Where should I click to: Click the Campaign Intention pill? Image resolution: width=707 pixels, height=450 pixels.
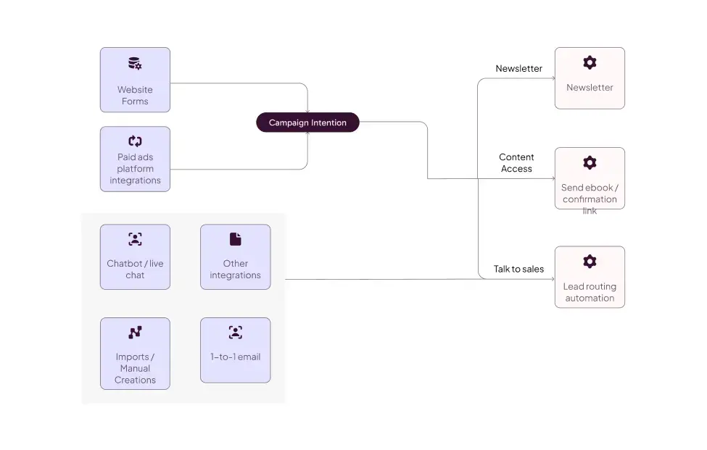(307, 122)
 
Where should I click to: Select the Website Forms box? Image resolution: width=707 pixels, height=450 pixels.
(136, 80)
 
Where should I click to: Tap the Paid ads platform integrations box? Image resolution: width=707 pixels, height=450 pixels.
(136, 159)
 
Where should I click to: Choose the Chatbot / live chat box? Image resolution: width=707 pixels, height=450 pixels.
(136, 257)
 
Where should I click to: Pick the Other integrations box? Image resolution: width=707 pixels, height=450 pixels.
(236, 257)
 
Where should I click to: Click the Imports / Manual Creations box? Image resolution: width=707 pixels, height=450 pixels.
(136, 354)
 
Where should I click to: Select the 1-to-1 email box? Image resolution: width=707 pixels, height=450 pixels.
(236, 351)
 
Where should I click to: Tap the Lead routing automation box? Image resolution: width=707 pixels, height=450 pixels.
(590, 277)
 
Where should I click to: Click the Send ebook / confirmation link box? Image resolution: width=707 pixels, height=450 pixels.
(590, 178)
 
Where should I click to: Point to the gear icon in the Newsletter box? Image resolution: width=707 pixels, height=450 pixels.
(590, 62)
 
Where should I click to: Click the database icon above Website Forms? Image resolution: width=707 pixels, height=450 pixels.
(135, 64)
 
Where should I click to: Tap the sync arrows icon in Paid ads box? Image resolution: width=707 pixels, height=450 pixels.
(136, 141)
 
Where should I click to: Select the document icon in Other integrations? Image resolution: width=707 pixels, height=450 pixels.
(236, 239)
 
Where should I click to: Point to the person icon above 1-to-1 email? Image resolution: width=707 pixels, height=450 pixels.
(236, 333)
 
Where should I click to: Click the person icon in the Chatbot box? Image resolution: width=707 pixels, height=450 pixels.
(136, 239)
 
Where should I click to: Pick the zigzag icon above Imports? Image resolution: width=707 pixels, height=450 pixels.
(136, 333)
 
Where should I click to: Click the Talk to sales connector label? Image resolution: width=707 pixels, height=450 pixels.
(518, 269)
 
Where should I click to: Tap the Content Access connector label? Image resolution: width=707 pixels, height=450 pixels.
(516, 162)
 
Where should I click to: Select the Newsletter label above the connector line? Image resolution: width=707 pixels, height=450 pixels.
(519, 68)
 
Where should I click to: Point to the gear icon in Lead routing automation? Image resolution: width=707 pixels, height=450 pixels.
(590, 262)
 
